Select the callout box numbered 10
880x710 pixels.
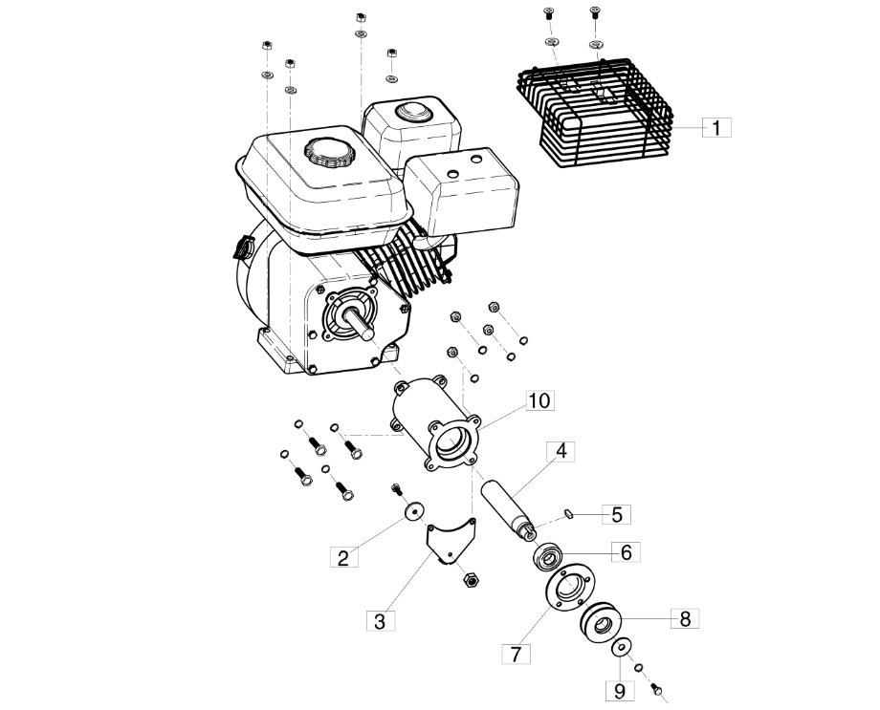539,400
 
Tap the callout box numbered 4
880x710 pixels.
561,452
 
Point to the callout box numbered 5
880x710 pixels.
617,514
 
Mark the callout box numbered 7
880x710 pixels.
516,654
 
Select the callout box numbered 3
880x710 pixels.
380,621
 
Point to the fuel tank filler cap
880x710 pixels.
327,151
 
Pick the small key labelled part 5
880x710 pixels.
568,514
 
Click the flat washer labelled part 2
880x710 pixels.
414,511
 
